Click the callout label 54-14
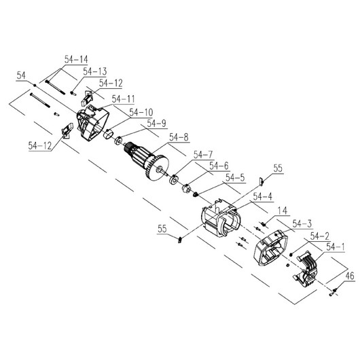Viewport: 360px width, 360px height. coord(76,59)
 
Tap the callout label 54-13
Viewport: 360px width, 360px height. coord(95,71)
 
